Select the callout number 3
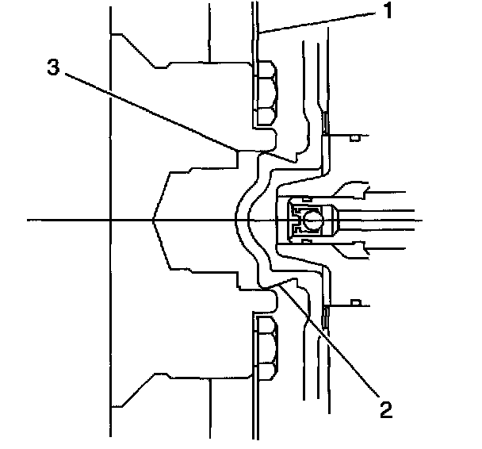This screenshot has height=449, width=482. (x=52, y=67)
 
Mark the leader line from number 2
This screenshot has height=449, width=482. (x=333, y=349)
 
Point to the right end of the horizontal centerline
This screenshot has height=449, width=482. (x=433, y=220)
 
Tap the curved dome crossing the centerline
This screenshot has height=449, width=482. (x=239, y=220)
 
